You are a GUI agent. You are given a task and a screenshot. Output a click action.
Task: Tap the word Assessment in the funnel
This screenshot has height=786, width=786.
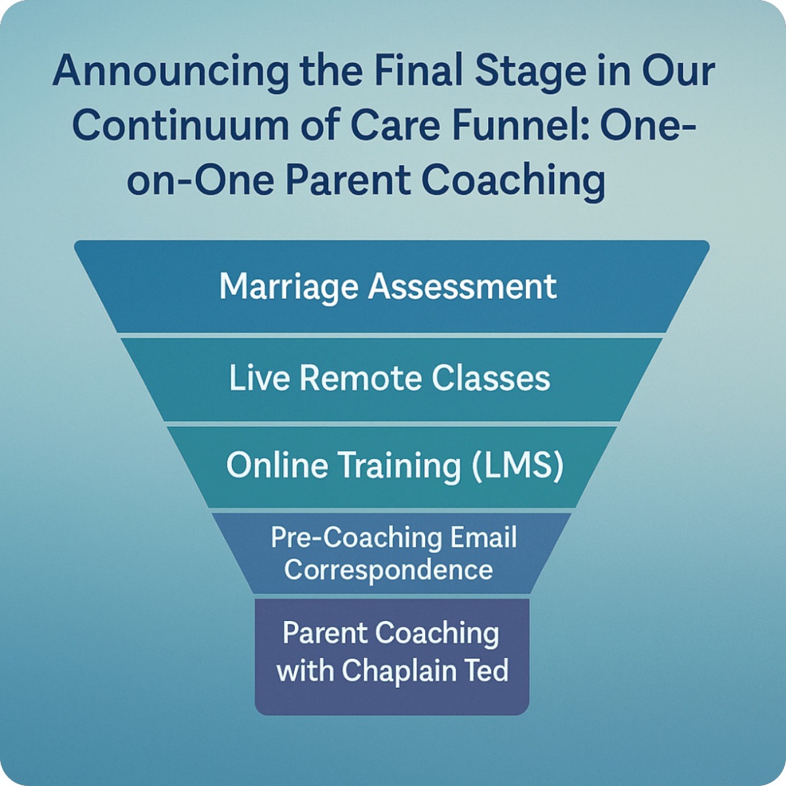tap(462, 286)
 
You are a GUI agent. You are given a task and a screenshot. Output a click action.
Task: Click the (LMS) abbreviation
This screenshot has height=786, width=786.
tap(517, 466)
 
